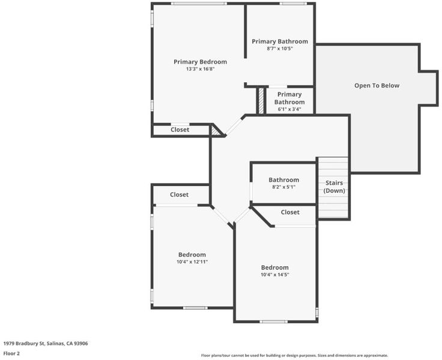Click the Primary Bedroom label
200,62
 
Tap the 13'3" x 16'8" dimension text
200,69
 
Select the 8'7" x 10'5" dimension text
280,49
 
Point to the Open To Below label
377,85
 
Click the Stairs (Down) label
334,187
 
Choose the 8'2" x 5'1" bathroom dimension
283,187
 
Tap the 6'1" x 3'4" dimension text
289,109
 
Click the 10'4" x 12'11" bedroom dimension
192,262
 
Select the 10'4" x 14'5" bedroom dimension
275,275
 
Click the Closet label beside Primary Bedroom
180,130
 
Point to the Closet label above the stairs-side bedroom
290,212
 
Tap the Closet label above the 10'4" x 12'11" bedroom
180,194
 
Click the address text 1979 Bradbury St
24,343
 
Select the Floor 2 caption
11,353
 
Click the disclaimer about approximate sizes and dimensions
294,355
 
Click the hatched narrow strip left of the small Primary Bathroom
261,101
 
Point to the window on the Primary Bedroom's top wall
199,4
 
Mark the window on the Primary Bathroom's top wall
292,4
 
